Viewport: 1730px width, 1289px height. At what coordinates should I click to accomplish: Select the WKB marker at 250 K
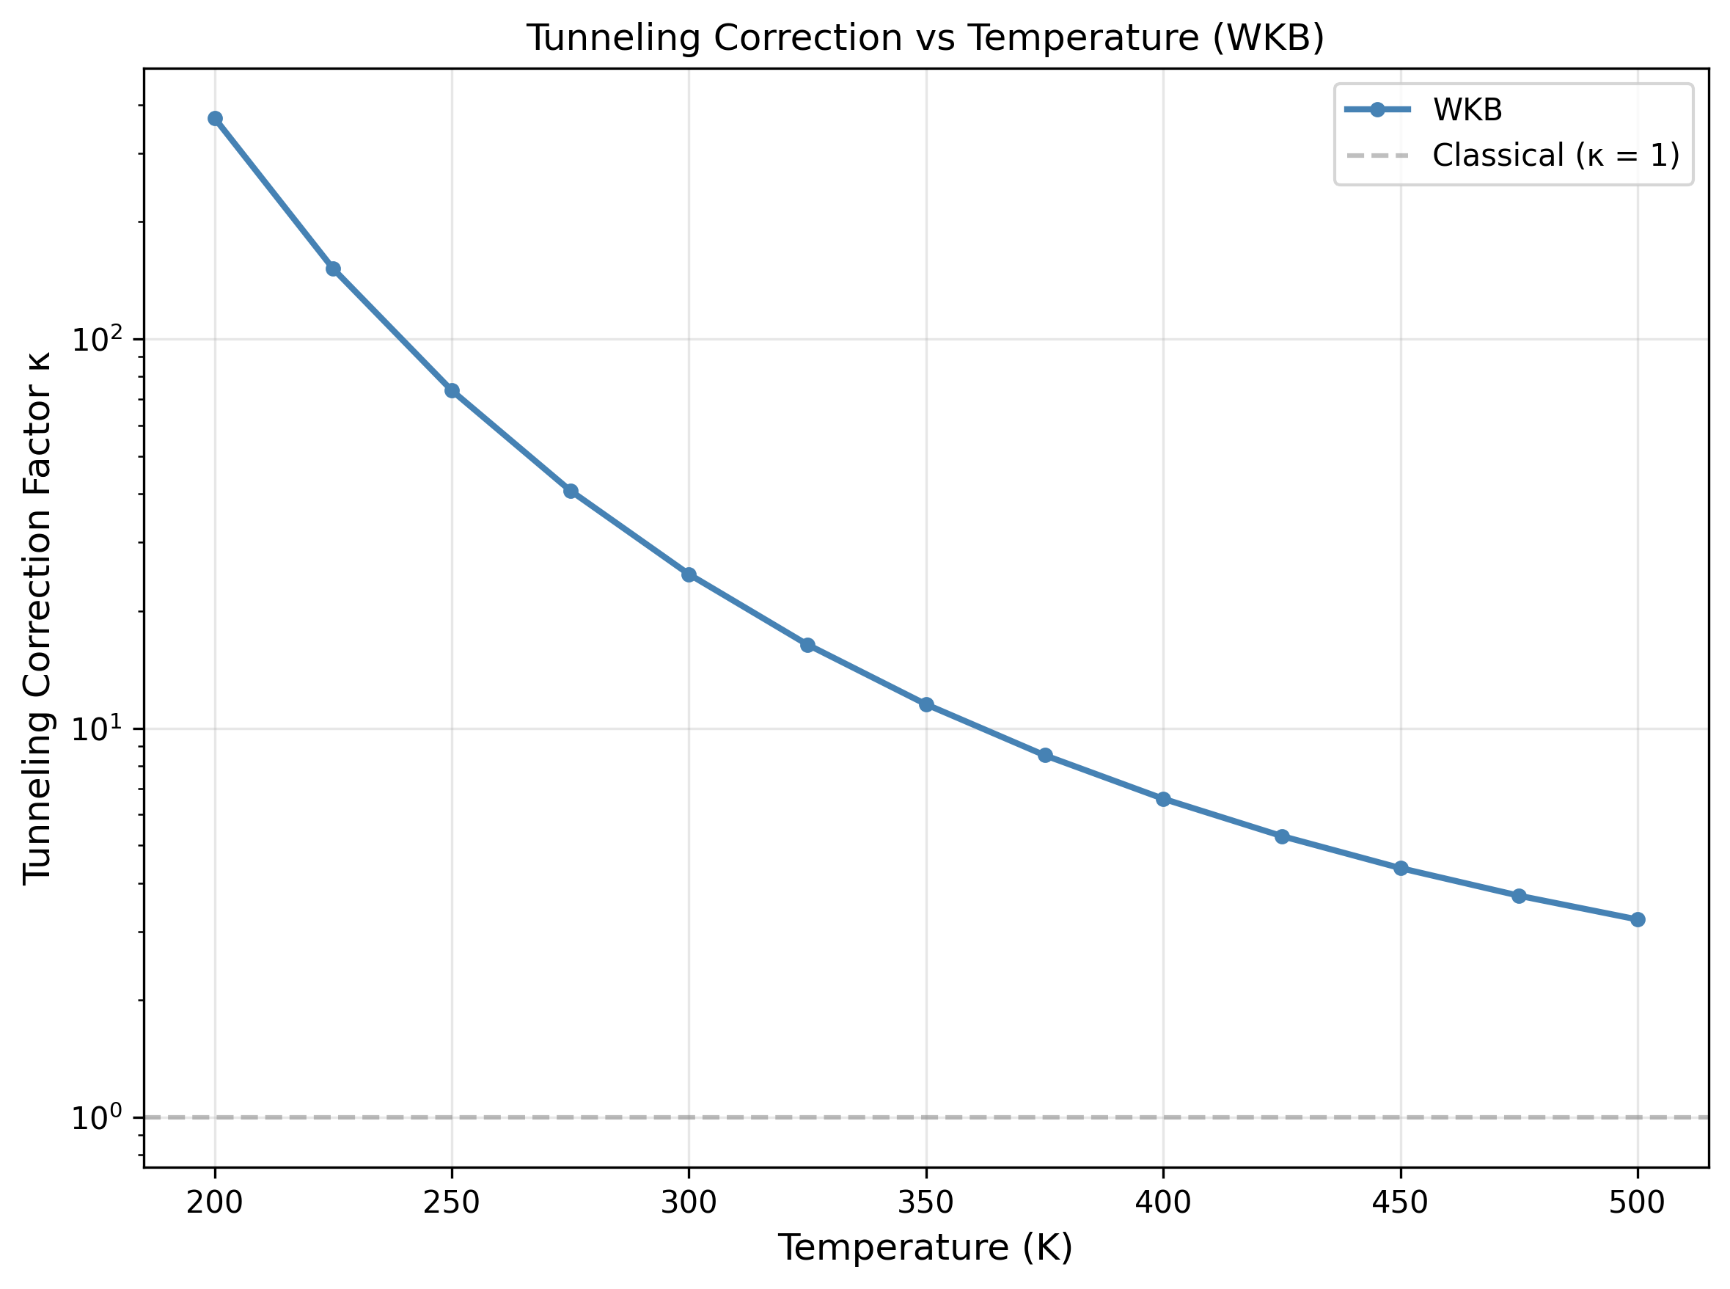[452, 390]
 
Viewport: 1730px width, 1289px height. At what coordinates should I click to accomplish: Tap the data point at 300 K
[689, 575]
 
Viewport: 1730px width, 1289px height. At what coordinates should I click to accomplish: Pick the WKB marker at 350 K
[926, 704]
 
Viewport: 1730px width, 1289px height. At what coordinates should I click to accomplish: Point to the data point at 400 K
[1163, 799]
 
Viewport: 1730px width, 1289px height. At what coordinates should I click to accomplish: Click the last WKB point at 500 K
[1637, 920]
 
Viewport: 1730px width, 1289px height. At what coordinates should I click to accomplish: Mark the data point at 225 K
[333, 269]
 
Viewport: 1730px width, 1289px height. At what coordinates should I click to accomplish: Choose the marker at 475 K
[1519, 896]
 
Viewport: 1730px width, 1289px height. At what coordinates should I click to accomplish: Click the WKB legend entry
[1467, 110]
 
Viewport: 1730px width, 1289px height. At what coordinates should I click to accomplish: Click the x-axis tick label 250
[452, 1202]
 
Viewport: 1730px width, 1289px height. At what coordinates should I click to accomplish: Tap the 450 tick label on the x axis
[1400, 1202]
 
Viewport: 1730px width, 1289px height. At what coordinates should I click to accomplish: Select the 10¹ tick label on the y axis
[98, 728]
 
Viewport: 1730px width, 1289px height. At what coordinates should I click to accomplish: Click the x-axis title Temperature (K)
[925, 1248]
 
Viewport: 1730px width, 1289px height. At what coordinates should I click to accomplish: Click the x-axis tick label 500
[1637, 1202]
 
